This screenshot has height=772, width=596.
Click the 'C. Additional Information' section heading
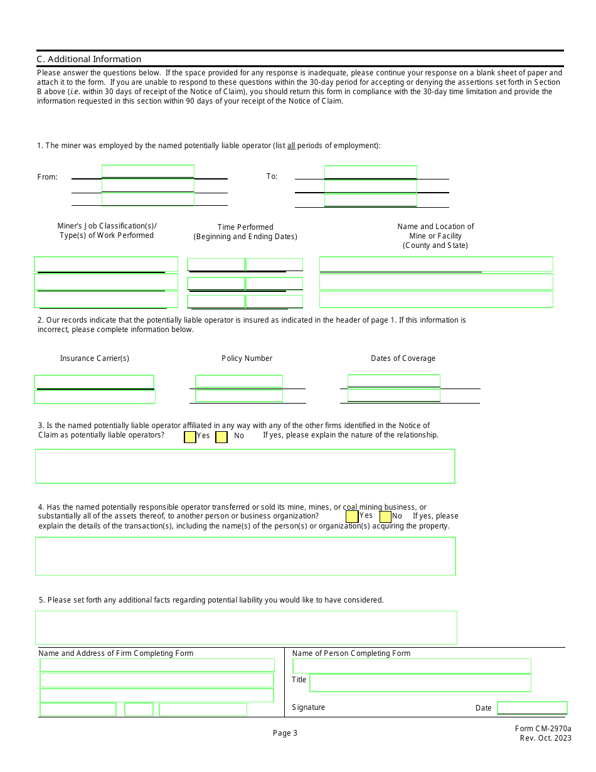coord(89,59)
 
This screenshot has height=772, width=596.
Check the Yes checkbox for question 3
coord(190,437)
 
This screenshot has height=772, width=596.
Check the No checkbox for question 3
coord(221,437)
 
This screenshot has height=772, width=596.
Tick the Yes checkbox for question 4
coord(352,517)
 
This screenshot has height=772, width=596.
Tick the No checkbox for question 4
coord(385,517)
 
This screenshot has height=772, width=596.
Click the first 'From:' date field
coord(148,171)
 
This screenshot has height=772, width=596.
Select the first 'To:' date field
coord(370,172)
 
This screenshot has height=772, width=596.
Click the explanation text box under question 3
coord(245,466)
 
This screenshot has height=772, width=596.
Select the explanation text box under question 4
coord(245,556)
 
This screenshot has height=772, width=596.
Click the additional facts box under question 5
coord(246,628)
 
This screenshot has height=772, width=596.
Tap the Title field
coord(420,683)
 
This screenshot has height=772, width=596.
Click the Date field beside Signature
coord(532,708)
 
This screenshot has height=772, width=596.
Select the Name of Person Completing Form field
coord(412,666)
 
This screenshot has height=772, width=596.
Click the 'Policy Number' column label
coord(247,358)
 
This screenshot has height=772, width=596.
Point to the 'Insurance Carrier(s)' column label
coord(95,358)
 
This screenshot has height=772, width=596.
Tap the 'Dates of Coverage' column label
coord(403,358)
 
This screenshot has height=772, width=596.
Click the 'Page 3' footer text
coord(285,733)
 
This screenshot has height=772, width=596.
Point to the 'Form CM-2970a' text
coord(543,729)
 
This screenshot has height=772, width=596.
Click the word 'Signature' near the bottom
coord(309,707)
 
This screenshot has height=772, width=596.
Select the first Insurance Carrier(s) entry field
coord(94,382)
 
